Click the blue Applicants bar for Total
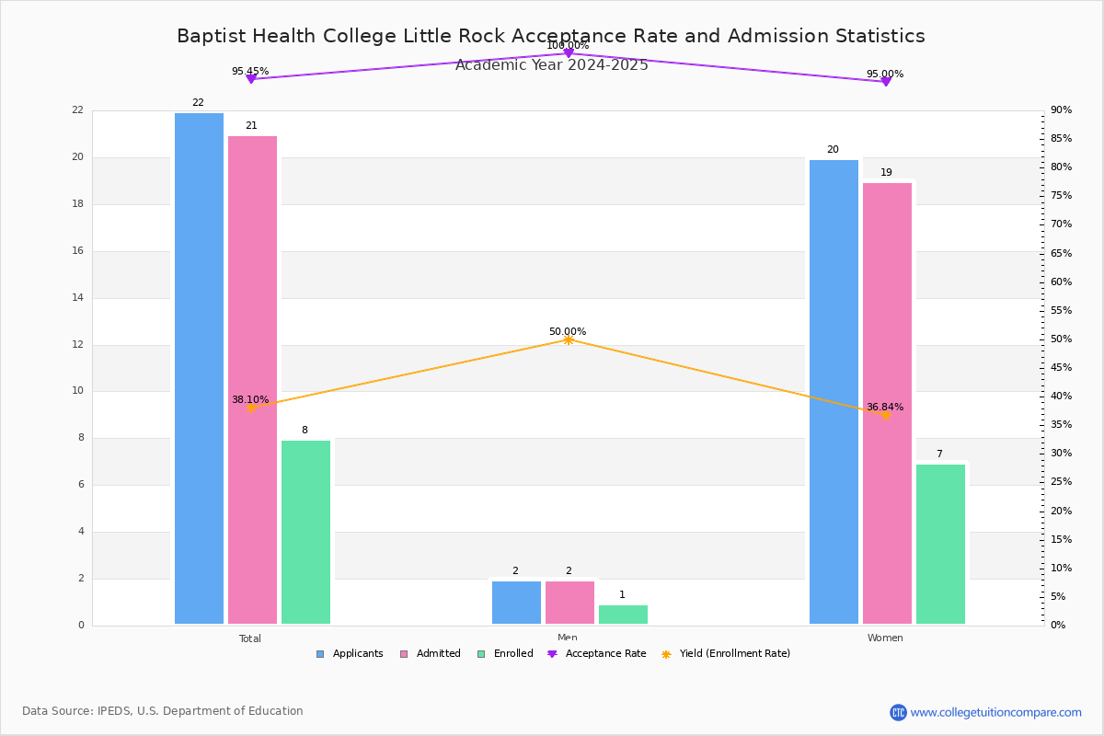[x=199, y=368]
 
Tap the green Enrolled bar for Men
[x=623, y=615]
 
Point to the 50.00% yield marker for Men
[x=569, y=340]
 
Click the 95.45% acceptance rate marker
[x=251, y=79]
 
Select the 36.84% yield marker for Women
[x=886, y=415]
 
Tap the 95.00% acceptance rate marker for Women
[x=886, y=82]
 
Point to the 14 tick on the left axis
[x=77, y=298]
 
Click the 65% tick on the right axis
[x=1061, y=253]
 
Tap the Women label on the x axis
[x=885, y=638]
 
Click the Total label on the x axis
[x=250, y=638]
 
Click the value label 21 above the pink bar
[x=251, y=126]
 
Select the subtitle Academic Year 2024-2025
[x=552, y=65]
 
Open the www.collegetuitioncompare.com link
[x=995, y=712]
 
